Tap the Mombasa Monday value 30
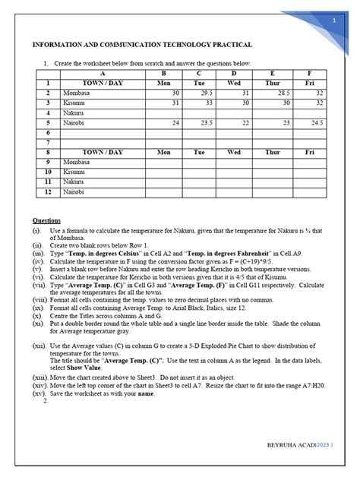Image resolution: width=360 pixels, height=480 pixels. click(175, 92)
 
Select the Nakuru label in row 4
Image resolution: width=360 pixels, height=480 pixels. click(74, 112)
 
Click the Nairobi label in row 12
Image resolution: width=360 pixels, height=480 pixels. click(75, 193)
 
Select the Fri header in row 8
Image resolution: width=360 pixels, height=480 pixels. click(309, 152)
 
